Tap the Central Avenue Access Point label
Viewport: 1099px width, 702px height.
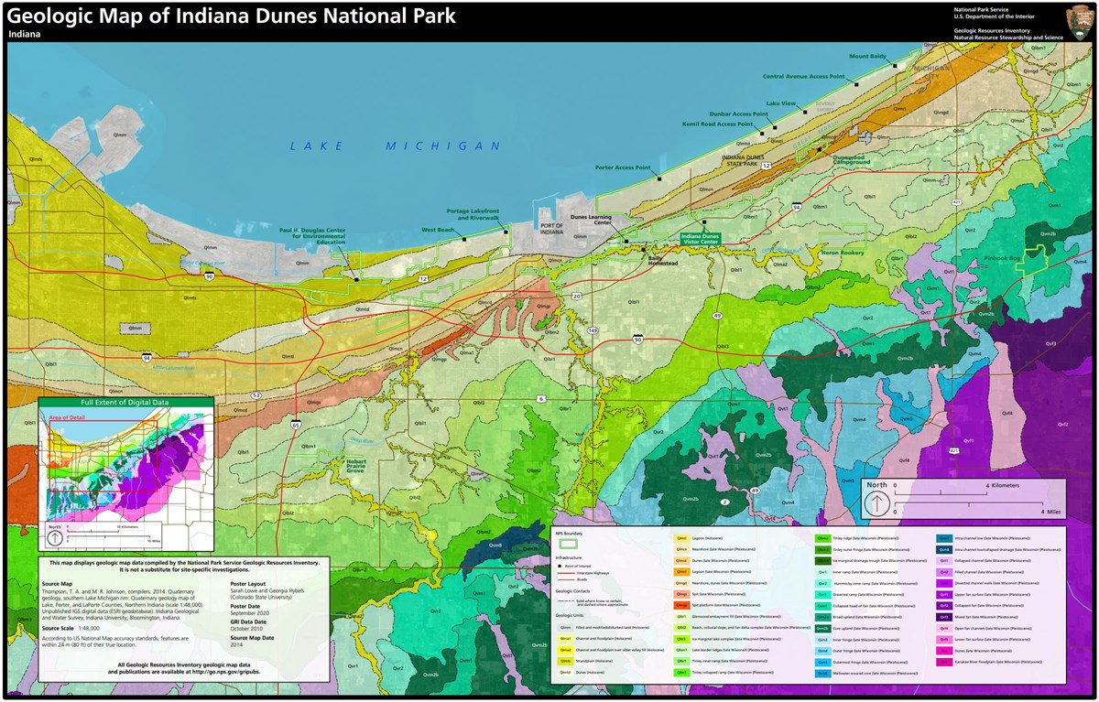pyautogui.click(x=803, y=77)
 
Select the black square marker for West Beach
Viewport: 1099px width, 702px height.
pyautogui.click(x=464, y=240)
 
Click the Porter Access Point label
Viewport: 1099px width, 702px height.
pyautogui.click(x=622, y=167)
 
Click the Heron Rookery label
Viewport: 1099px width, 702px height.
pyautogui.click(x=842, y=252)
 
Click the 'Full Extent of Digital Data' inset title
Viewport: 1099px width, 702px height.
pyautogui.click(x=125, y=402)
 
